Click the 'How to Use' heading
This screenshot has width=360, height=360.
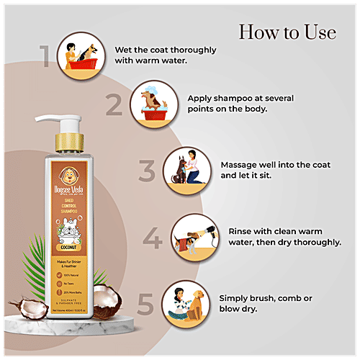coord(287,32)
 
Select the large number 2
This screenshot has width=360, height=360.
coord(112,107)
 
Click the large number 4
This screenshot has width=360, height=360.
coord(153,238)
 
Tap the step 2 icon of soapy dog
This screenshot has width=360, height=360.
coord(153,104)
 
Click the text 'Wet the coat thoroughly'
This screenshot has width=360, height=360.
coord(170,50)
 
